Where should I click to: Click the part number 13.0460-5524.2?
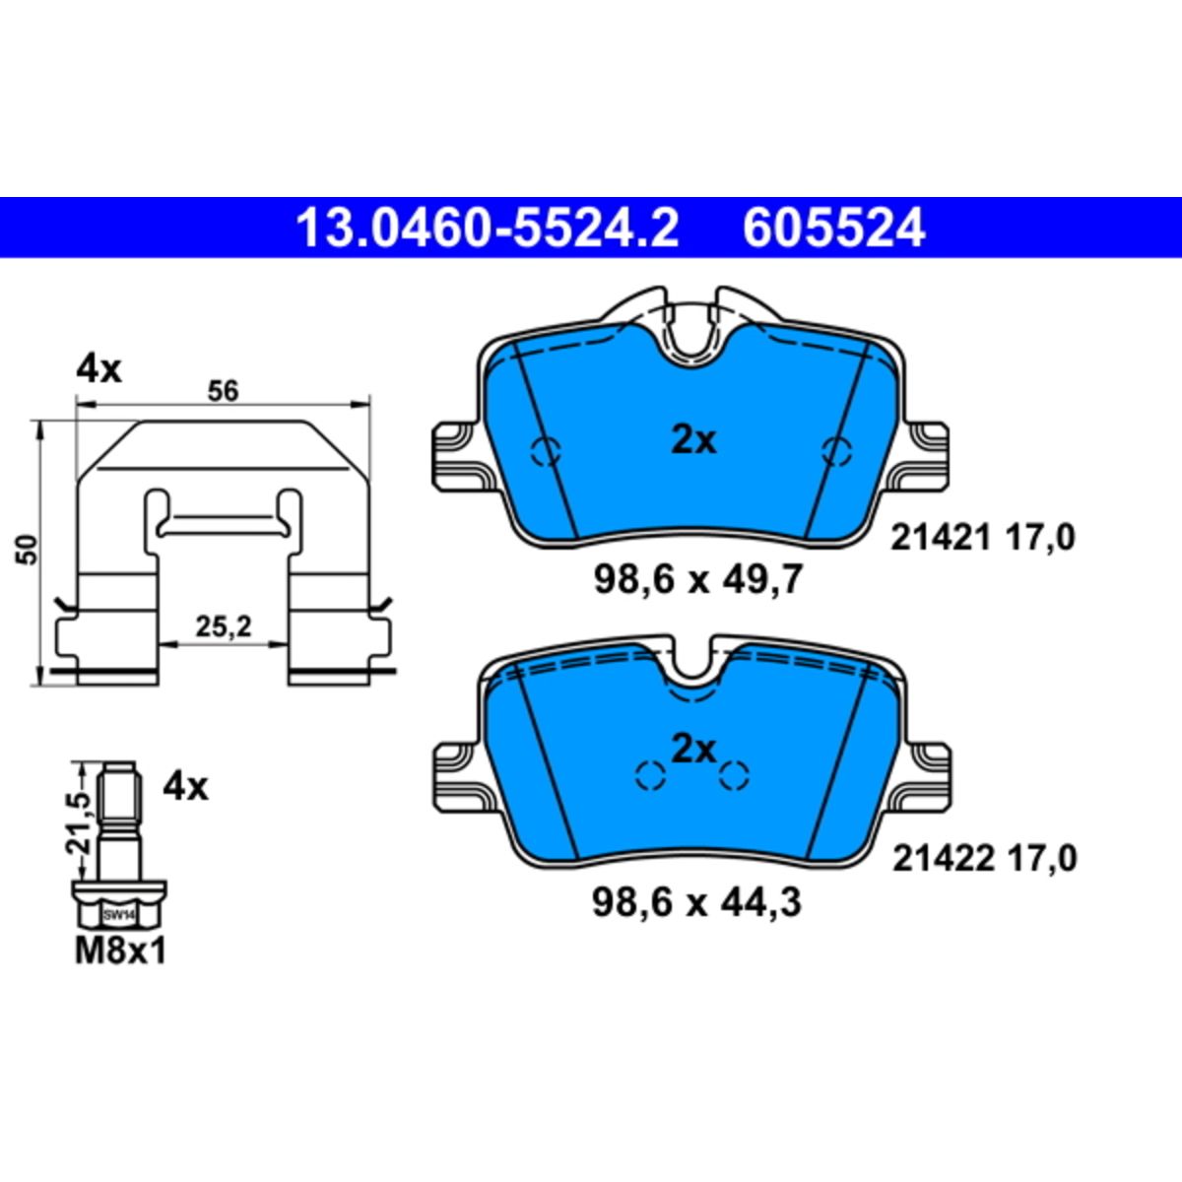click(x=488, y=228)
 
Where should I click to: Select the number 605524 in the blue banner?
click(x=833, y=228)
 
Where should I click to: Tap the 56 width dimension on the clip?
click(x=222, y=391)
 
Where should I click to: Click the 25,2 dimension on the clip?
click(x=224, y=626)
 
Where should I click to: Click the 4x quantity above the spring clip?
click(x=98, y=370)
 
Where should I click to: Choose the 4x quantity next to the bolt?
click(x=185, y=787)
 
